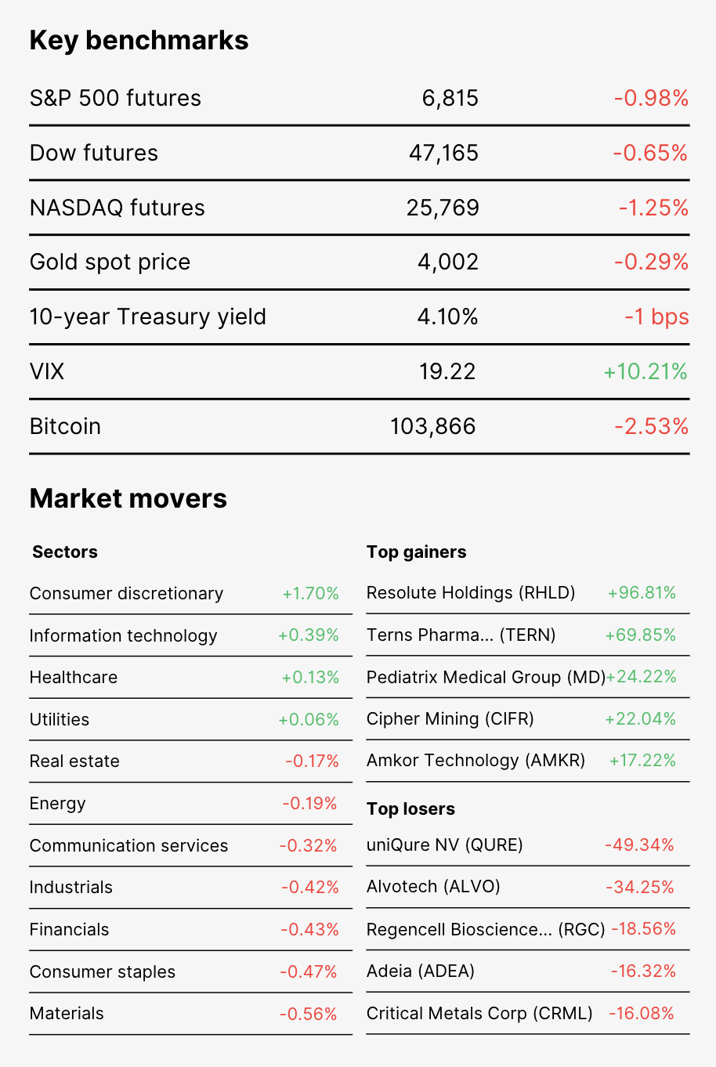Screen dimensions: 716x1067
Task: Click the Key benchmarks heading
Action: click(139, 41)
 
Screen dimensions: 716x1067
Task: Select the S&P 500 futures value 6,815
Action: click(450, 99)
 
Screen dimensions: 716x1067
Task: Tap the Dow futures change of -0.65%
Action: click(650, 153)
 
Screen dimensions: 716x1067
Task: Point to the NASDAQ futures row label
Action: click(118, 208)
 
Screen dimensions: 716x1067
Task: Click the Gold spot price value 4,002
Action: click(448, 262)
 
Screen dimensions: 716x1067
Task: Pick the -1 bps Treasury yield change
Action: click(657, 317)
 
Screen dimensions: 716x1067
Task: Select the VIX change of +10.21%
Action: click(645, 371)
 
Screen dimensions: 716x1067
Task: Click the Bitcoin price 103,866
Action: click(433, 426)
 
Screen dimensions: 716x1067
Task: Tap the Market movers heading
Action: click(128, 499)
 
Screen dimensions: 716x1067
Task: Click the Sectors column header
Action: click(65, 552)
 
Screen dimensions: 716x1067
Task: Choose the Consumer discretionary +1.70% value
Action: click(310, 594)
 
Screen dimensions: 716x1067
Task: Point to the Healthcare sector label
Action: click(74, 678)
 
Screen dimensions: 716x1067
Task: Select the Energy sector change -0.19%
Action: click(309, 804)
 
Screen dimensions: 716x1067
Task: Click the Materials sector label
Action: click(67, 1014)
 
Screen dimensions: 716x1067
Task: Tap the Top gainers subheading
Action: click(416, 552)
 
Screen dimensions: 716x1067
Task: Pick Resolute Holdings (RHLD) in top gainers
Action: click(471, 593)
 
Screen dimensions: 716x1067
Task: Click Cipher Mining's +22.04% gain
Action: click(640, 719)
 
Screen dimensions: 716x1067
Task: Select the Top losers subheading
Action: click(410, 808)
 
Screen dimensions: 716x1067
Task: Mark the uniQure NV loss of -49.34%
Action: click(639, 845)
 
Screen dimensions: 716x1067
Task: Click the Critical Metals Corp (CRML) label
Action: click(479, 1014)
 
